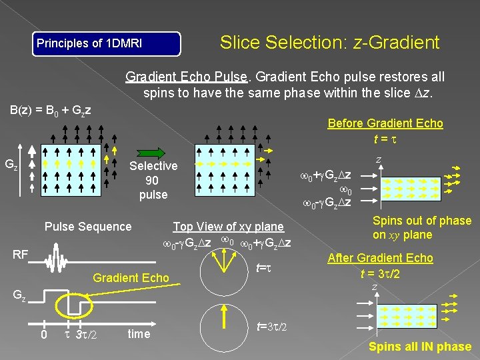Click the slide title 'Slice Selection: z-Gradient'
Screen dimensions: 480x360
tap(329, 43)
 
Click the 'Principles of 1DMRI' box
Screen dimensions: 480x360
tap(107, 44)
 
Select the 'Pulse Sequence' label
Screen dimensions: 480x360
tap(88, 227)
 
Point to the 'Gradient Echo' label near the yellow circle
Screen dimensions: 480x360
tap(131, 277)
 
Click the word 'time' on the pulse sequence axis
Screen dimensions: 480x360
tap(139, 334)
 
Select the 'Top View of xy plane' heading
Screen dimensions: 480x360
tap(228, 227)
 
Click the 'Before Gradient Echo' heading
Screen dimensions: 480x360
tap(385, 123)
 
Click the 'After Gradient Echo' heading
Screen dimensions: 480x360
tap(380, 258)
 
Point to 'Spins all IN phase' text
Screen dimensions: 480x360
tap(420, 347)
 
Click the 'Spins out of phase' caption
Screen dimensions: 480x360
tap(421, 221)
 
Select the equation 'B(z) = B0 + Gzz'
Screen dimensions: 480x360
tap(50, 109)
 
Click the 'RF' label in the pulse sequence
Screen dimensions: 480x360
tap(21, 254)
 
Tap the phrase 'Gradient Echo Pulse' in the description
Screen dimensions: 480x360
tap(186, 77)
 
